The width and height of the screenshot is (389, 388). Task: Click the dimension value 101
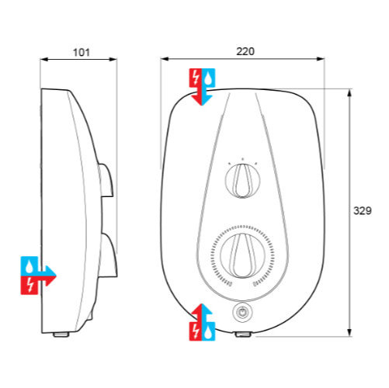(82, 52)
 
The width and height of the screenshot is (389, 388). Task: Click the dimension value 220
(245, 51)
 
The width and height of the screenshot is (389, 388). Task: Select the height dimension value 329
(363, 211)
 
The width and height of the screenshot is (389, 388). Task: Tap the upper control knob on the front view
(242, 181)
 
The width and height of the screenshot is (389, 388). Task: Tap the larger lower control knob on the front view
(242, 255)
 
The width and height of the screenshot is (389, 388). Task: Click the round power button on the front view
(242, 313)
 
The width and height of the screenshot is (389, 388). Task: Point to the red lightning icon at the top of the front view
(196, 77)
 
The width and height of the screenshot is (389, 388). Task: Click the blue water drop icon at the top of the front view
(208, 77)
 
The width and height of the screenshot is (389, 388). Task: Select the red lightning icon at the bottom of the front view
(196, 331)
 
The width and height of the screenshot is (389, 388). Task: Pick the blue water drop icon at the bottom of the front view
(208, 331)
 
